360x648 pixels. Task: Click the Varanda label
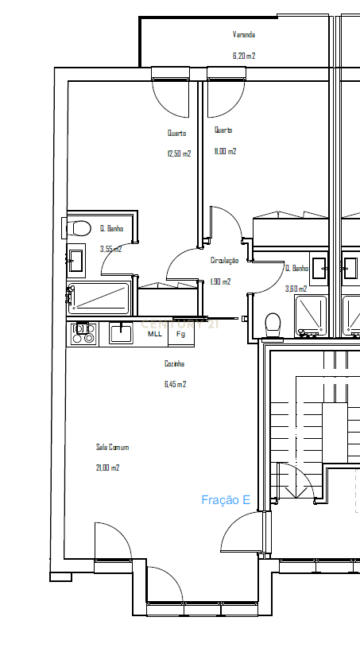(243, 35)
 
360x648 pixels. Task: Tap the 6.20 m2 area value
(243, 56)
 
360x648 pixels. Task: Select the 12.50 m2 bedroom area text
(179, 154)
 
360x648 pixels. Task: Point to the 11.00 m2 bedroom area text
(225, 151)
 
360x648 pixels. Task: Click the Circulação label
(224, 261)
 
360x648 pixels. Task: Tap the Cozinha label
(175, 363)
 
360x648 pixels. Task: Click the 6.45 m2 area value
(175, 384)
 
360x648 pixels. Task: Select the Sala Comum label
(112, 448)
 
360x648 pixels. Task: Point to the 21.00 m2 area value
(107, 468)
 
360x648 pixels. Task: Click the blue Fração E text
(226, 500)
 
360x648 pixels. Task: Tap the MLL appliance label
(155, 334)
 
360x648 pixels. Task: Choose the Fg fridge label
(180, 334)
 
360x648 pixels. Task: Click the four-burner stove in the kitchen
(83, 334)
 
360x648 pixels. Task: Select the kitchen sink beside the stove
(122, 332)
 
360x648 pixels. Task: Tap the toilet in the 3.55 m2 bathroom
(79, 229)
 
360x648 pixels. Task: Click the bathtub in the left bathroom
(100, 297)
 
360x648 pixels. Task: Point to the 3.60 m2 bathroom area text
(296, 289)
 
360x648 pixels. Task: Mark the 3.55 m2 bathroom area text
(110, 249)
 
